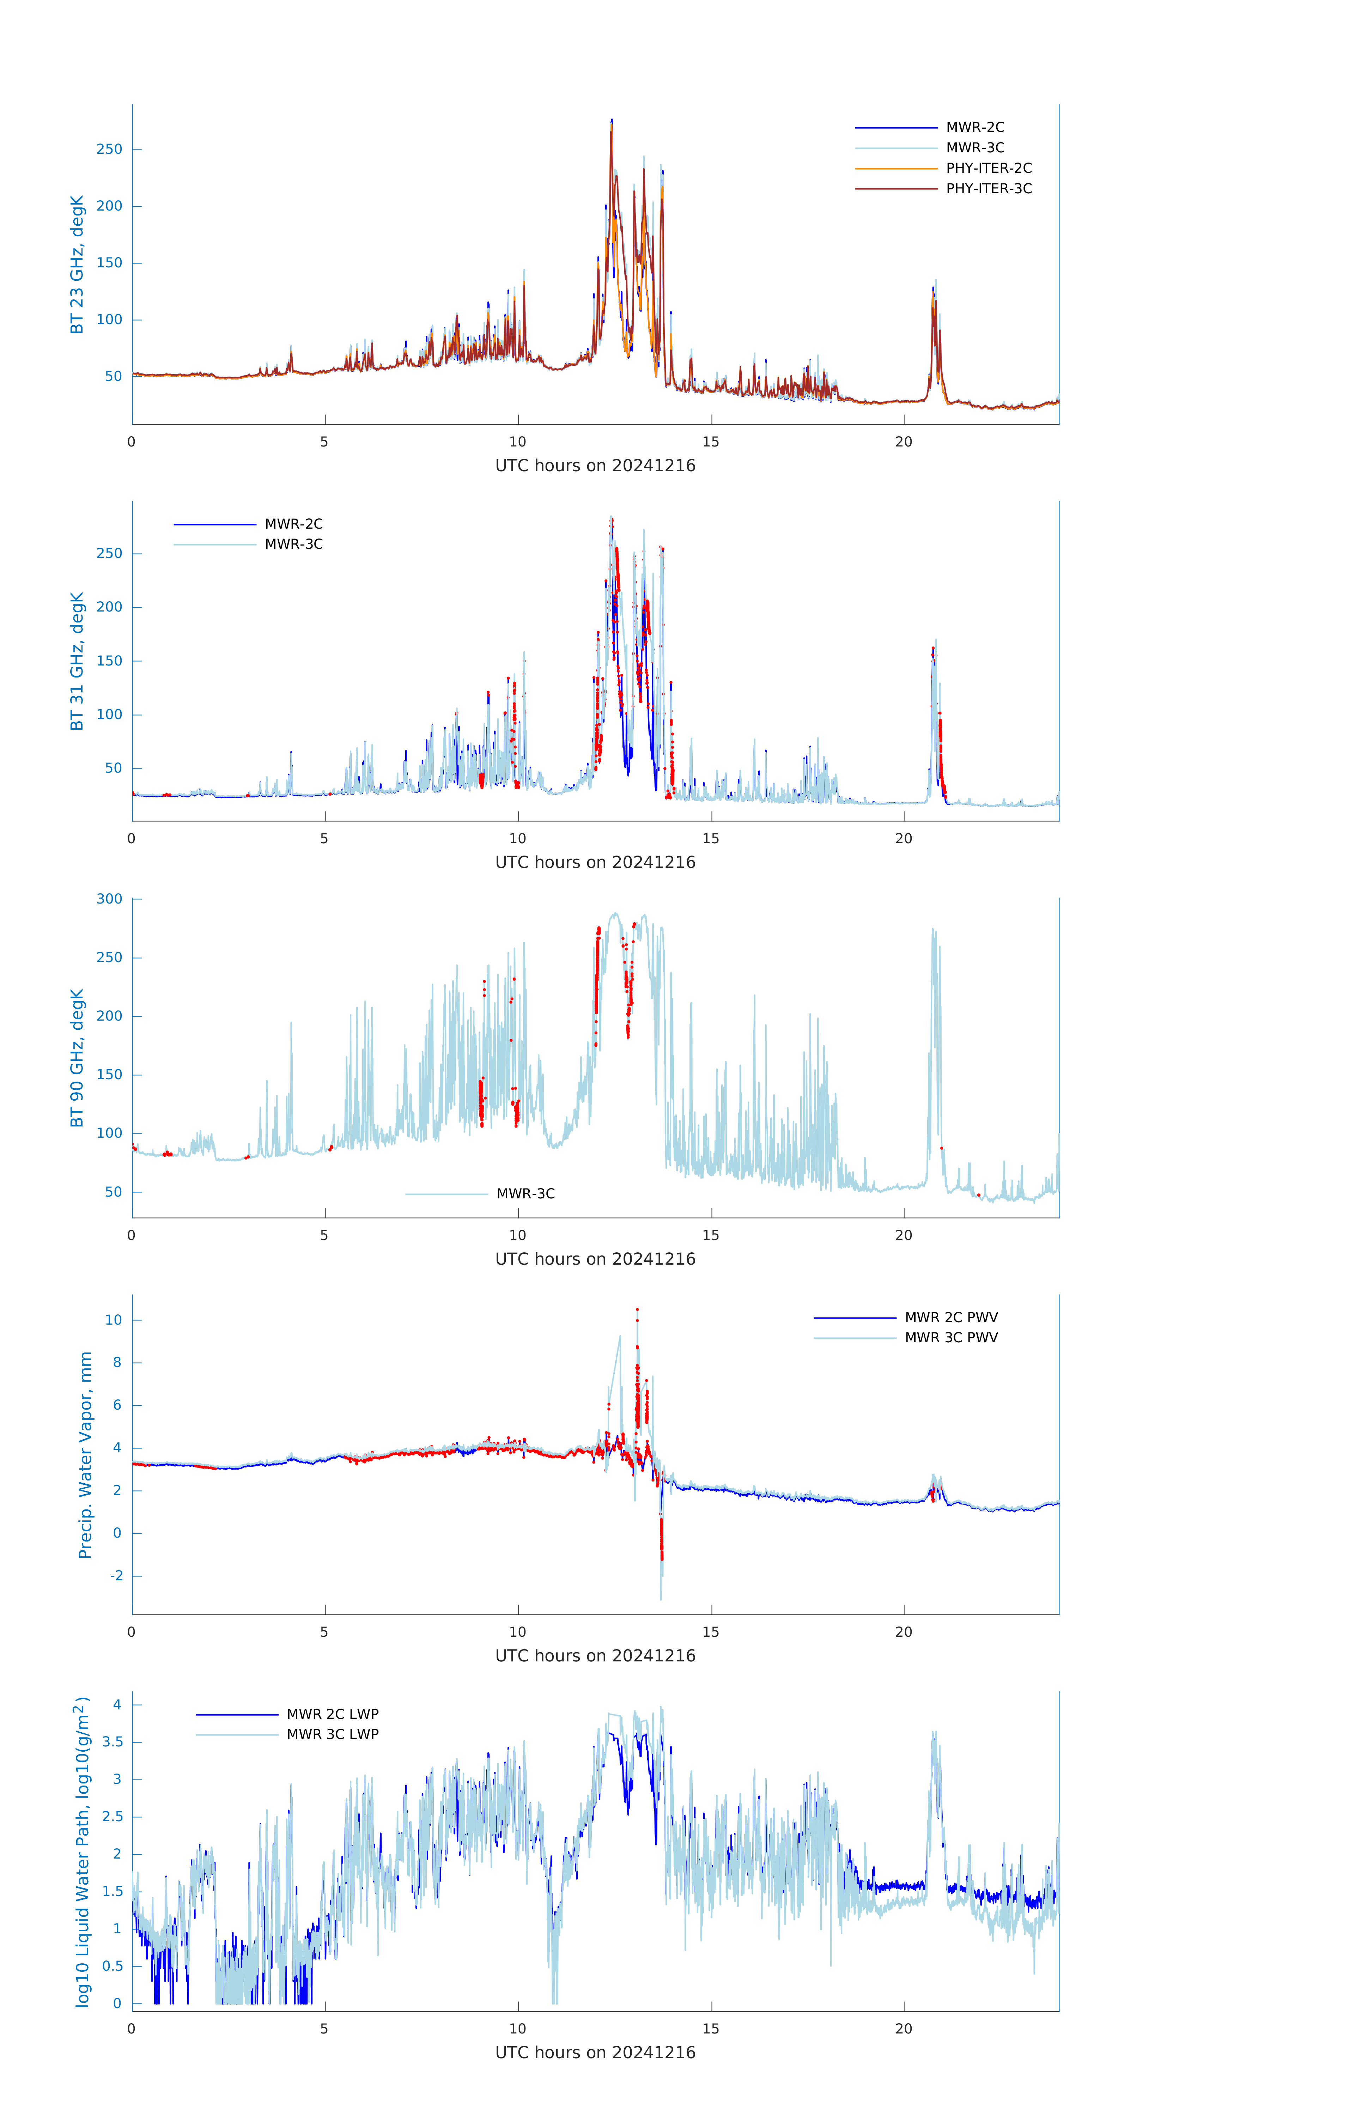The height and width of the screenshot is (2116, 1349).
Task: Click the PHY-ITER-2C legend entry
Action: point(988,168)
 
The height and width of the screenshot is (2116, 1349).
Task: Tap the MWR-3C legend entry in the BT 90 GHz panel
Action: point(525,1193)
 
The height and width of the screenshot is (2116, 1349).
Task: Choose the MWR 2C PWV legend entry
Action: point(951,1317)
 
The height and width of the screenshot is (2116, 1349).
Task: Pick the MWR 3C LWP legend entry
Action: point(332,1734)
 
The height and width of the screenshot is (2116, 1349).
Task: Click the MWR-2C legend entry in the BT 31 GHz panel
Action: point(293,524)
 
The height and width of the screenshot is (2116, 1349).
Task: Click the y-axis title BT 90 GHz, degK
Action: point(77,1058)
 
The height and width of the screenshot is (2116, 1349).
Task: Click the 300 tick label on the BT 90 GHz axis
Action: point(110,899)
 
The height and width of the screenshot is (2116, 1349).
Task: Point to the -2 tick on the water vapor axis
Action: point(116,1576)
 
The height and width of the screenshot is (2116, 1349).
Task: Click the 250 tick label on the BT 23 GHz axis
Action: point(110,150)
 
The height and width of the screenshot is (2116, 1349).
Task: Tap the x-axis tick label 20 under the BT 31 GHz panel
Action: point(904,838)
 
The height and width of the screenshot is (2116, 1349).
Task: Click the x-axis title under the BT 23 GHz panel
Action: point(595,466)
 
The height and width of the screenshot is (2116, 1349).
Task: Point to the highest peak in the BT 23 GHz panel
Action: point(612,120)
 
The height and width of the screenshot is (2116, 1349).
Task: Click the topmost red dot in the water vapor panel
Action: point(637,1309)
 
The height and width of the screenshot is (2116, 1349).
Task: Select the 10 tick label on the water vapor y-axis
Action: point(113,1320)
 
